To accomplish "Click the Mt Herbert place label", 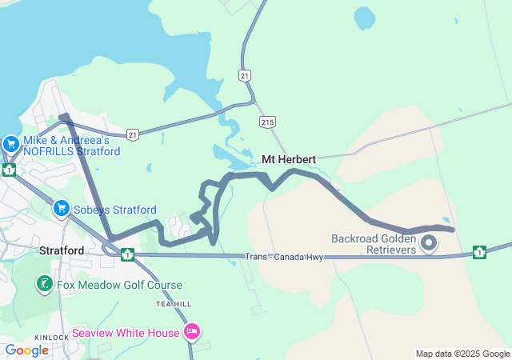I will (289, 159).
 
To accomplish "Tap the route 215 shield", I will (267, 121).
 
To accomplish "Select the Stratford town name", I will (62, 250).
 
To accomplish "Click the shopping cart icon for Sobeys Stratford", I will (61, 210).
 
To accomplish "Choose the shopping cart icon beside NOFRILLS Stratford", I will (10, 145).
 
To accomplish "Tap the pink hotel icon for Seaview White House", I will (191, 331).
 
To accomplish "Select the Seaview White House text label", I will (126, 333).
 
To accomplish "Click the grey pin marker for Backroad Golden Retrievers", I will (429, 242).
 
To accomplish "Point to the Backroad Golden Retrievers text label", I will (374, 244).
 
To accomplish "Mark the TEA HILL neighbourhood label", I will (174, 305).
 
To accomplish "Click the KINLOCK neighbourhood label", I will (52, 338).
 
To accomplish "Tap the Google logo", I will (26, 350).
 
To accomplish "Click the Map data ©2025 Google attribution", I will (462, 354).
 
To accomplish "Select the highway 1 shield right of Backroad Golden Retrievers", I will (479, 253).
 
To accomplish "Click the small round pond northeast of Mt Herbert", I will (364, 17).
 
